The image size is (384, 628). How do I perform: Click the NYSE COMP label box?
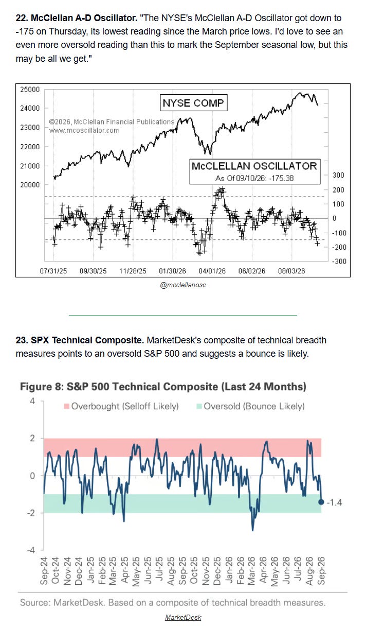pyautogui.click(x=193, y=103)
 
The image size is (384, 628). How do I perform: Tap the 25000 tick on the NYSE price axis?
pyautogui.click(x=30, y=90)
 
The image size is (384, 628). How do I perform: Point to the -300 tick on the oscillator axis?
pyautogui.click(x=339, y=261)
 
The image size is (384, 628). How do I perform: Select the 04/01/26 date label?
pyautogui.click(x=212, y=271)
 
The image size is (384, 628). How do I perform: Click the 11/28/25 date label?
pyautogui.click(x=133, y=271)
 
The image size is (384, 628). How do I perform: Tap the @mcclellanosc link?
pyautogui.click(x=183, y=285)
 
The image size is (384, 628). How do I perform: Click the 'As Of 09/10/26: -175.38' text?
pyautogui.click(x=254, y=178)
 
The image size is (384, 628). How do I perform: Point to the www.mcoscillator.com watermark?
pyautogui.click(x=84, y=130)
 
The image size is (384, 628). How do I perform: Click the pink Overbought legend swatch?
pyautogui.click(x=67, y=406)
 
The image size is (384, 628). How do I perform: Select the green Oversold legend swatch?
pyautogui.click(x=199, y=406)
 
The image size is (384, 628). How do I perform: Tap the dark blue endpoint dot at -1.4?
pyautogui.click(x=321, y=502)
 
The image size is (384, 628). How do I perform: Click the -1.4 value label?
pyautogui.click(x=335, y=502)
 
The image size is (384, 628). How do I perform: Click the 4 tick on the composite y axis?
pyautogui.click(x=32, y=401)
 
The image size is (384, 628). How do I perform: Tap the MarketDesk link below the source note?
pyautogui.click(x=183, y=617)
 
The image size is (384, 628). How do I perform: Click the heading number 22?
pyautogui.click(x=22, y=18)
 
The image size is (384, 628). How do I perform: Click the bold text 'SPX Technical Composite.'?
pyautogui.click(x=87, y=340)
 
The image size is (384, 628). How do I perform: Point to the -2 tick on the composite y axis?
pyautogui.click(x=31, y=513)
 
